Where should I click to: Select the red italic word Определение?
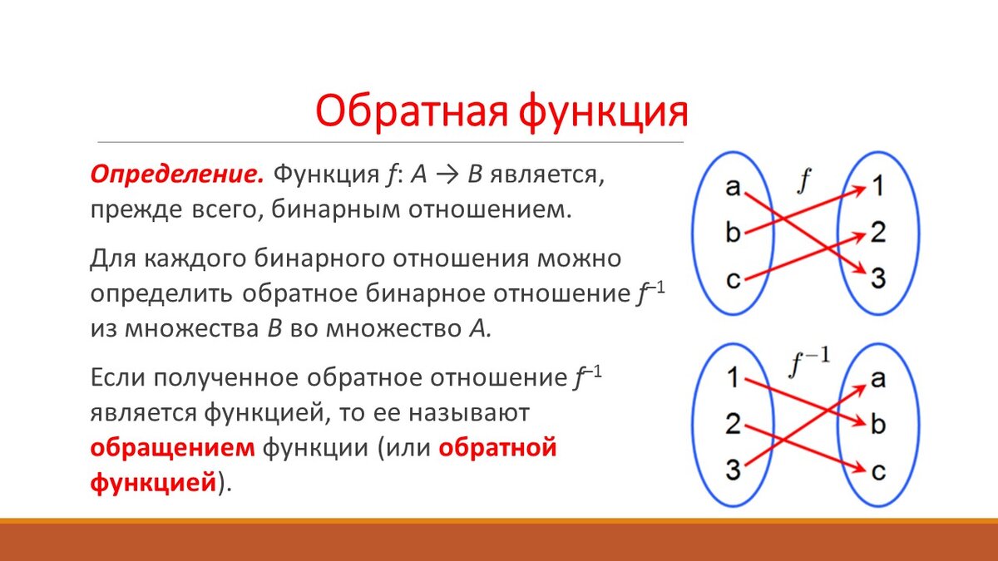click(x=177, y=175)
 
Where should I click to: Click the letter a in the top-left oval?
click(x=733, y=186)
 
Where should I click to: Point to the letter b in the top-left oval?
click(x=733, y=232)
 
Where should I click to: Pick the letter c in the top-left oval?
click(x=733, y=279)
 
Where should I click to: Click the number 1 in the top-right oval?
click(x=877, y=185)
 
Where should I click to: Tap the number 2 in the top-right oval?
click(x=878, y=232)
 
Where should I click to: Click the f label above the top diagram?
click(x=803, y=181)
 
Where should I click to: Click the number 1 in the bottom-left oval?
click(x=733, y=377)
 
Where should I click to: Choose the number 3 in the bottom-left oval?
click(x=733, y=470)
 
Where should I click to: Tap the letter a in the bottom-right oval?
click(x=877, y=379)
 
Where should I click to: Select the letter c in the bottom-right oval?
click(x=878, y=471)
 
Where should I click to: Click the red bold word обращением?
click(x=172, y=448)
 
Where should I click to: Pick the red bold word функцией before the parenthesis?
click(x=153, y=482)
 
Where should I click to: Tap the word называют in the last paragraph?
click(x=469, y=413)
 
